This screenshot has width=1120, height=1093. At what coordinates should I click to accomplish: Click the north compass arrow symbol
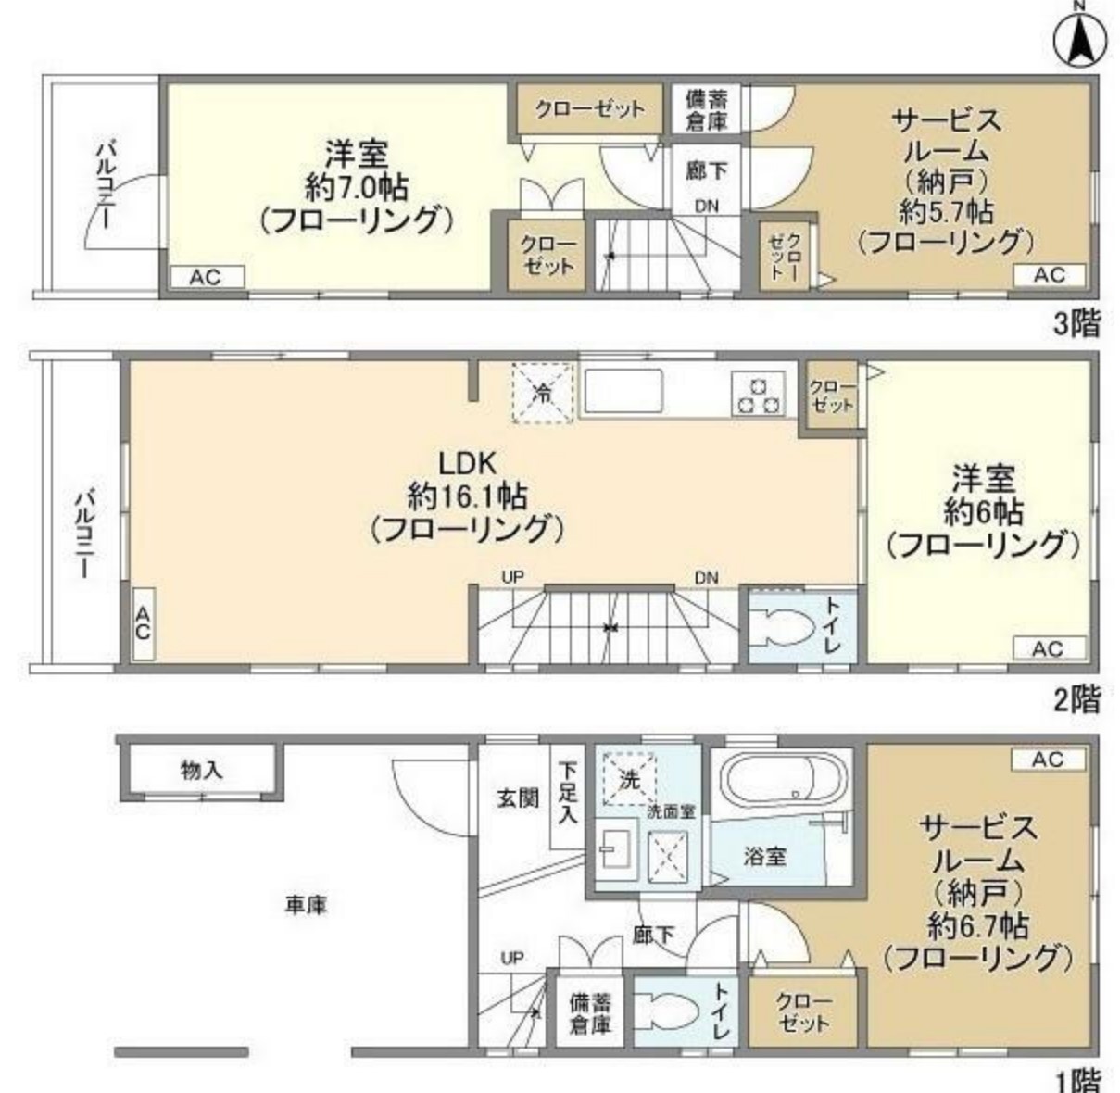click(x=1080, y=39)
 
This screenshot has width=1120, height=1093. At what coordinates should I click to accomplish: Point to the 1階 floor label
click(x=1076, y=1078)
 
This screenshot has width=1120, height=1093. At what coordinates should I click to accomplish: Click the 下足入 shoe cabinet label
click(x=568, y=793)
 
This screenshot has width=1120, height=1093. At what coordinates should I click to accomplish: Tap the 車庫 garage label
click(x=306, y=904)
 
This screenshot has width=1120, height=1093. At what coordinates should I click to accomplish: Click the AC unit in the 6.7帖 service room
click(x=1047, y=760)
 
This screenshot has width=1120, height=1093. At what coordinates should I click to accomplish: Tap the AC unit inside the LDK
click(x=143, y=624)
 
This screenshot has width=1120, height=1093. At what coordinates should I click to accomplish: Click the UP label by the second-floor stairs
click(x=512, y=576)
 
